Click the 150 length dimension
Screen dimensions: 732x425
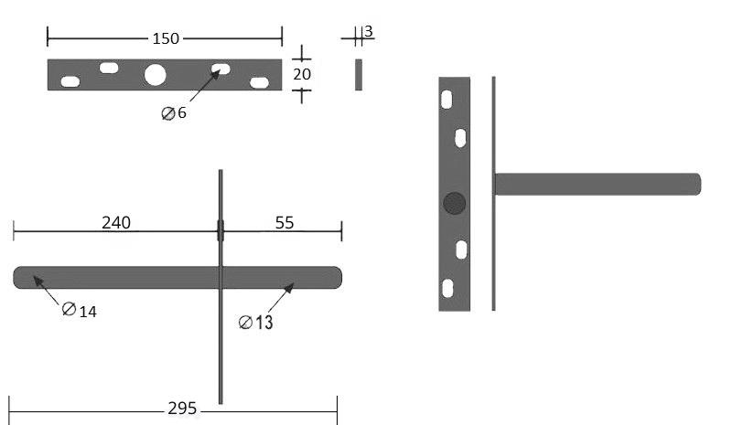(166, 38)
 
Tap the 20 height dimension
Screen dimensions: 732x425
(302, 74)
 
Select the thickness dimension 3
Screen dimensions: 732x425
(369, 31)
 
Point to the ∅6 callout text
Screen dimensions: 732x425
(174, 113)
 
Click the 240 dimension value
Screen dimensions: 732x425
(116, 222)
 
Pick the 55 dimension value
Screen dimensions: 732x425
(285, 222)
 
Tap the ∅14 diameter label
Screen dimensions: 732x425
(80, 310)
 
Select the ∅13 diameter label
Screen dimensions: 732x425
(256, 322)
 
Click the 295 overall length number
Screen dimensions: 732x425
(182, 409)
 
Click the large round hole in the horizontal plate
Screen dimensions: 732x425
(155, 75)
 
